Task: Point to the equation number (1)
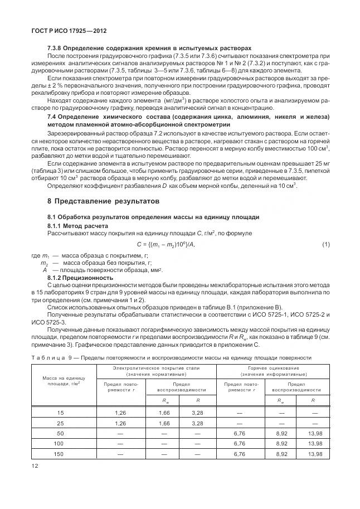[x=326, y=245]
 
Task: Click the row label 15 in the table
[x=61, y=413]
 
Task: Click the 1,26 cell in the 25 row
[x=120, y=423]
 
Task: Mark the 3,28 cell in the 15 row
[x=197, y=413]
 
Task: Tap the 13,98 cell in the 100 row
[x=315, y=444]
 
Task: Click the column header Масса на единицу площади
[x=61, y=381]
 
